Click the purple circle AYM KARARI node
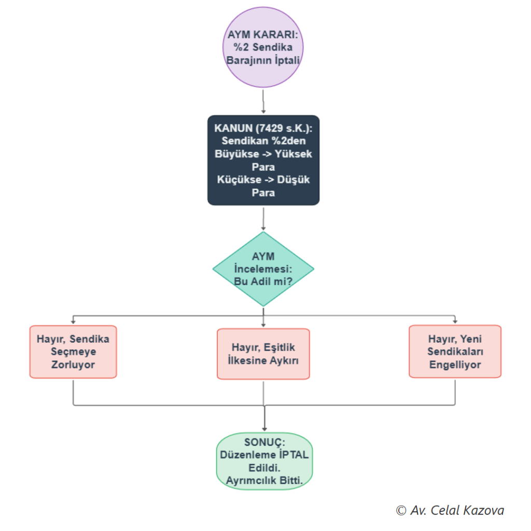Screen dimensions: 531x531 point(263,47)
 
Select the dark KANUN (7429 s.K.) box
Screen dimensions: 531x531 point(263,160)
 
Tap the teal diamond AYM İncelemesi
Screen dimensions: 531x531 point(263,269)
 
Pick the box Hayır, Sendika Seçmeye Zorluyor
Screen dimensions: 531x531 point(73,352)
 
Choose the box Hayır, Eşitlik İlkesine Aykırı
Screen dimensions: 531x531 point(263,354)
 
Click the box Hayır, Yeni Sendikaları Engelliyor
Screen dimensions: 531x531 point(455,352)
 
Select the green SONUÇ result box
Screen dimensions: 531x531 point(264,461)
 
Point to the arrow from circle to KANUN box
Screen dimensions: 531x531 point(263,101)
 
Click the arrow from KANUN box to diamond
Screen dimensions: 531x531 point(263,219)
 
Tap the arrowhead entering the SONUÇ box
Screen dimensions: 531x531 point(264,429)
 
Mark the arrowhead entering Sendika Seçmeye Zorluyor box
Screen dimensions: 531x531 point(73,322)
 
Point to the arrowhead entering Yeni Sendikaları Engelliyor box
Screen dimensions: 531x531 point(455,321)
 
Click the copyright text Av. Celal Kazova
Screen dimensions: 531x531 point(450,510)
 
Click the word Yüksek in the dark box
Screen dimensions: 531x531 point(294,154)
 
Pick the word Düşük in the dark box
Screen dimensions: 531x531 point(294,180)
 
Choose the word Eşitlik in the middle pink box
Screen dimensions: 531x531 point(280,347)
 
